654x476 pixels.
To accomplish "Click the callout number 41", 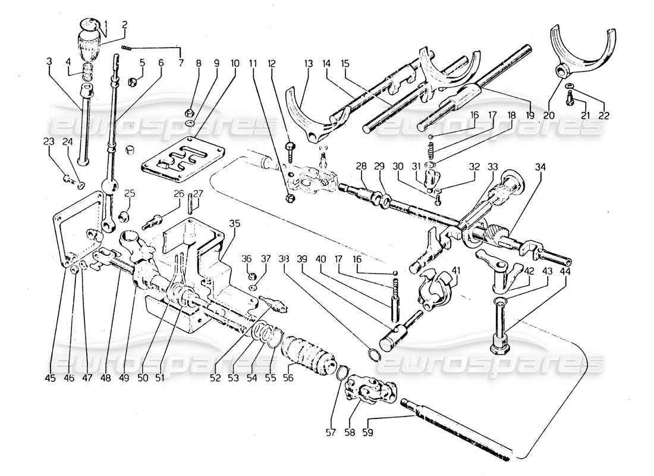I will click(456, 271).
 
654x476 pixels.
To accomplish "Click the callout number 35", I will click(234, 224).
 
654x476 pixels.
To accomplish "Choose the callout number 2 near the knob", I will click(125, 25).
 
